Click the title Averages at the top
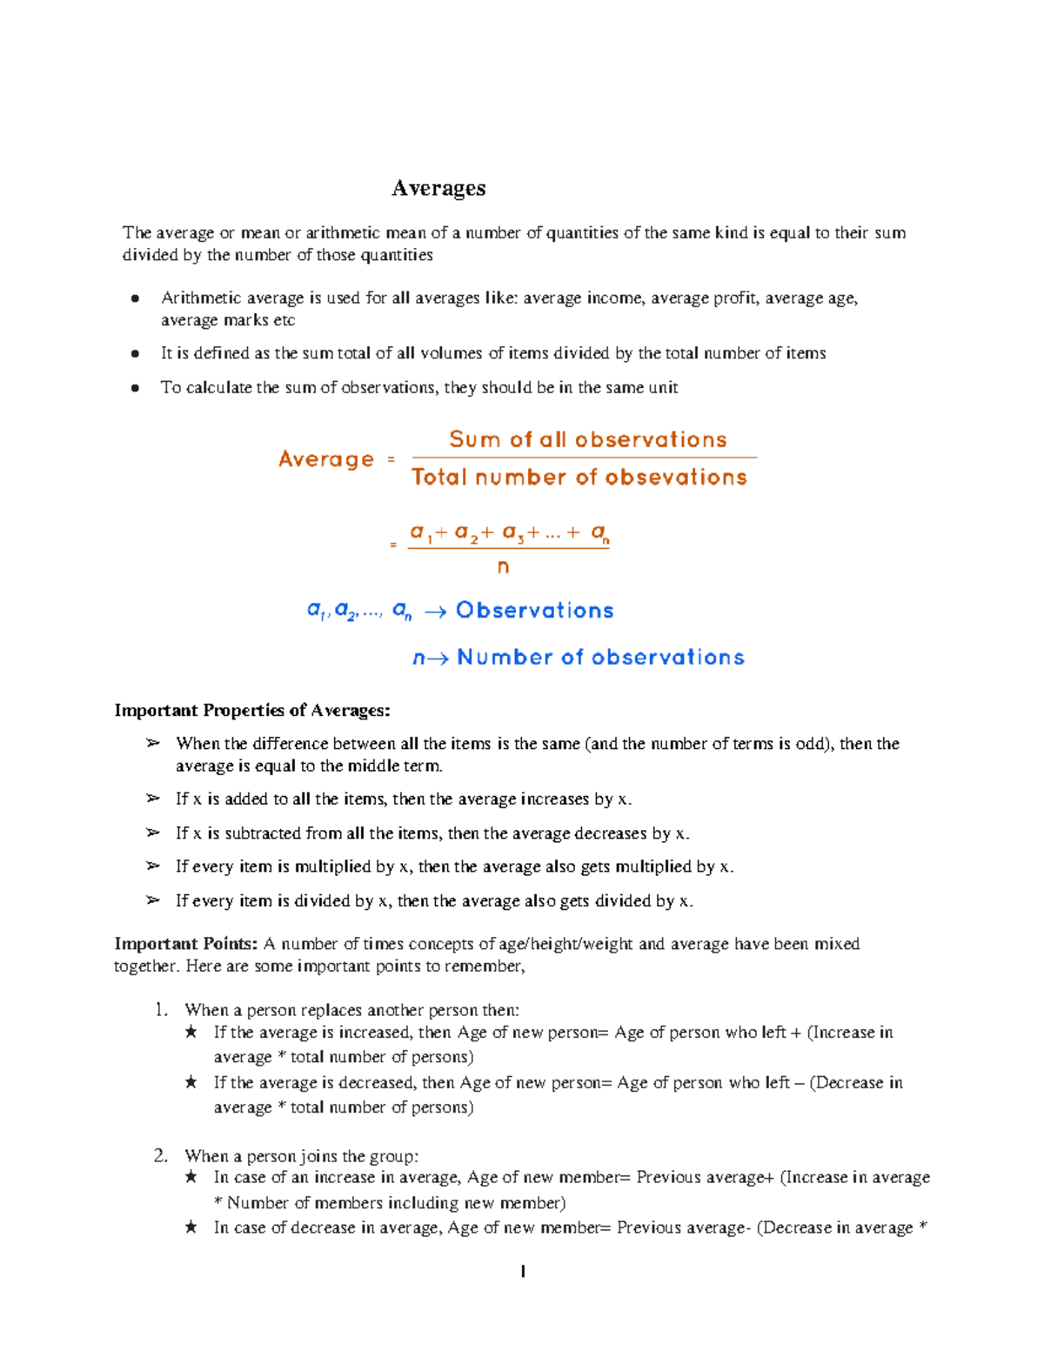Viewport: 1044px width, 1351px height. point(438,188)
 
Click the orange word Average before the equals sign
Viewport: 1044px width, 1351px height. point(326,459)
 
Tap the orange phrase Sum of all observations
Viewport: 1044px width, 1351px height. point(587,439)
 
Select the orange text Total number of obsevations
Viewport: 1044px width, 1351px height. point(579,477)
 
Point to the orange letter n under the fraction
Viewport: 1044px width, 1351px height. point(503,567)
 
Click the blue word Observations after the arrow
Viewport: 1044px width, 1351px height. point(534,611)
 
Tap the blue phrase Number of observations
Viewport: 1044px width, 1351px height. point(600,658)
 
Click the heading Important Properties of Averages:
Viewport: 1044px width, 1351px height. point(252,711)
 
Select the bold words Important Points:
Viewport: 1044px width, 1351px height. point(185,944)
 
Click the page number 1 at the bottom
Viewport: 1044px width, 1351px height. point(522,1272)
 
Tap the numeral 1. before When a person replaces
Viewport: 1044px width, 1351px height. point(161,1010)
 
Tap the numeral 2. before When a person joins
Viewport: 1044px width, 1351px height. point(161,1156)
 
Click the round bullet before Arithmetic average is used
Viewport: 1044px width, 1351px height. point(135,298)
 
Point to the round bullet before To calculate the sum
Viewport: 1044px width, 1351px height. point(135,388)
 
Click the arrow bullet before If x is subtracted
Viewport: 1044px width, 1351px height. point(153,833)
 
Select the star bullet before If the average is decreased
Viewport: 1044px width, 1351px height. point(191,1083)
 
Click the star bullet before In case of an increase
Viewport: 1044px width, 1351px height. point(191,1178)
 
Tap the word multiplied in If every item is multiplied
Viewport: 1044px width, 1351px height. point(332,866)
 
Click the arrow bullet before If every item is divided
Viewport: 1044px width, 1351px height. point(153,900)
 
